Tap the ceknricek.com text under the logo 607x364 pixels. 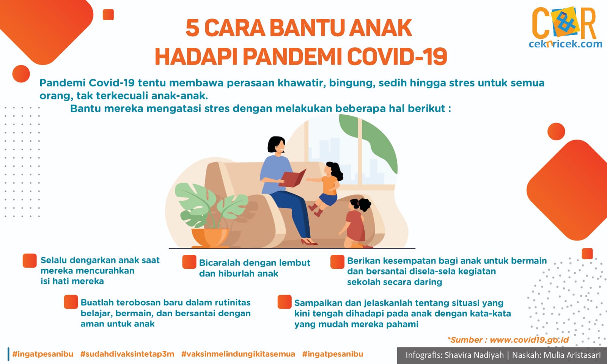click(x=566, y=44)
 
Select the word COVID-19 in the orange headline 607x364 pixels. click(x=397, y=56)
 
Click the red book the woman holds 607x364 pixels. click(x=292, y=179)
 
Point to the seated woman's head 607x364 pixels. click(x=276, y=145)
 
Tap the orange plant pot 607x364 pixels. click(x=210, y=238)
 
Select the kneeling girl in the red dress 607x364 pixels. click(x=355, y=223)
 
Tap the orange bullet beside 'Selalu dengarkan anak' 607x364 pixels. click(x=30, y=260)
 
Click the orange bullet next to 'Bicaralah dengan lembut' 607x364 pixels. click(x=189, y=262)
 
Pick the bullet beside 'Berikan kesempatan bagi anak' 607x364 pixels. click(x=337, y=262)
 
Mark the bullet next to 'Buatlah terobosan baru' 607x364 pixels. click(x=71, y=302)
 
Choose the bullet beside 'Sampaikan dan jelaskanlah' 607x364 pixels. click(x=285, y=302)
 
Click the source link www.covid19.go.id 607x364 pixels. click(x=529, y=340)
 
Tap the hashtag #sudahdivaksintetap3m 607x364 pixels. click(x=127, y=354)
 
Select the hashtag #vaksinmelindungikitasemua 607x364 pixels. click(x=238, y=354)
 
